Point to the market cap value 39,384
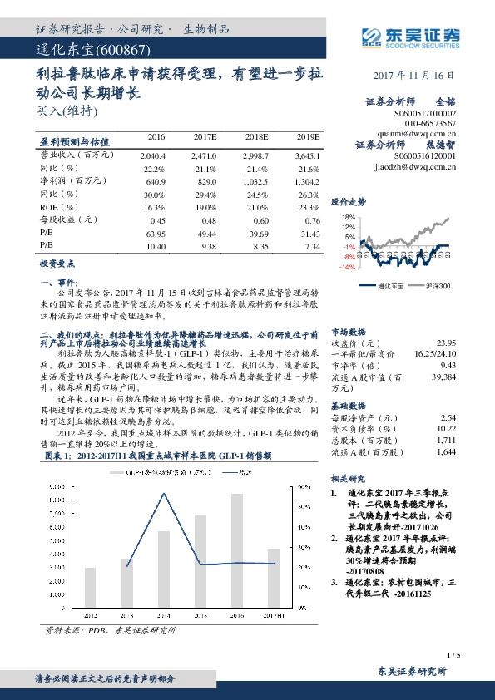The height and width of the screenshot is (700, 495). click(x=444, y=377)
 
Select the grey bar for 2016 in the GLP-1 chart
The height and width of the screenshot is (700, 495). click(x=237, y=540)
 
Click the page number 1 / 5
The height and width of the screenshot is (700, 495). click(x=453, y=656)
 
